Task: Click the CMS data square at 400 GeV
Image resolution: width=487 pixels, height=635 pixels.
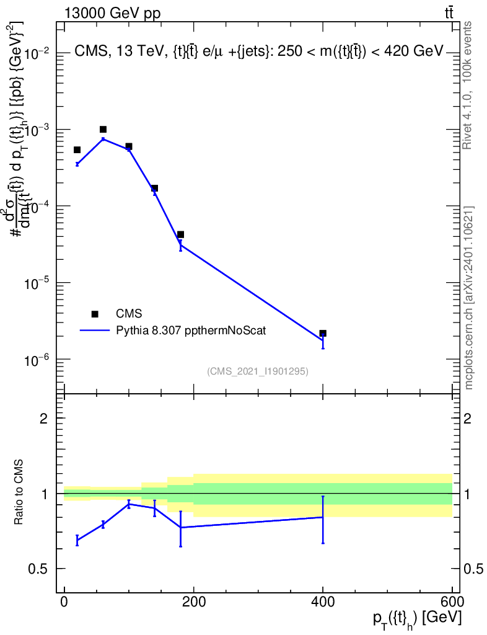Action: pos(323,334)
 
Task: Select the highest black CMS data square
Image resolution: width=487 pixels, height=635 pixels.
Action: pos(103,130)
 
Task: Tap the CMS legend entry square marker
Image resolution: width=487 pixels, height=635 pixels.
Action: pos(95,314)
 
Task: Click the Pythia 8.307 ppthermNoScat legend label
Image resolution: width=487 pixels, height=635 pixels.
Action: pos(191,331)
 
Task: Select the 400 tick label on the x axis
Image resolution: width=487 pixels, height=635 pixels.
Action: pos(323,602)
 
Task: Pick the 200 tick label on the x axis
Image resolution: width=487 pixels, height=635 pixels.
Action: pos(193,602)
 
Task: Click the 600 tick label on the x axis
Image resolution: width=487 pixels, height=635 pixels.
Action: pos(452,602)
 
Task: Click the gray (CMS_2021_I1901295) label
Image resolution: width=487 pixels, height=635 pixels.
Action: pos(258,371)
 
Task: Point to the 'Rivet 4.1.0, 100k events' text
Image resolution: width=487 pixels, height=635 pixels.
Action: pos(469,86)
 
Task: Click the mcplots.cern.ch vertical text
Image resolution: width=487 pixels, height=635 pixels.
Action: pos(469,298)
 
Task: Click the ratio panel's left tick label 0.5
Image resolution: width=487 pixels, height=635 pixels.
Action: pos(38,569)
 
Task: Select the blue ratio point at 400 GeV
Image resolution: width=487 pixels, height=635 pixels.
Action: pos(323,517)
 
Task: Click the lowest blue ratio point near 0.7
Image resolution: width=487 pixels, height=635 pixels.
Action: pos(77,540)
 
